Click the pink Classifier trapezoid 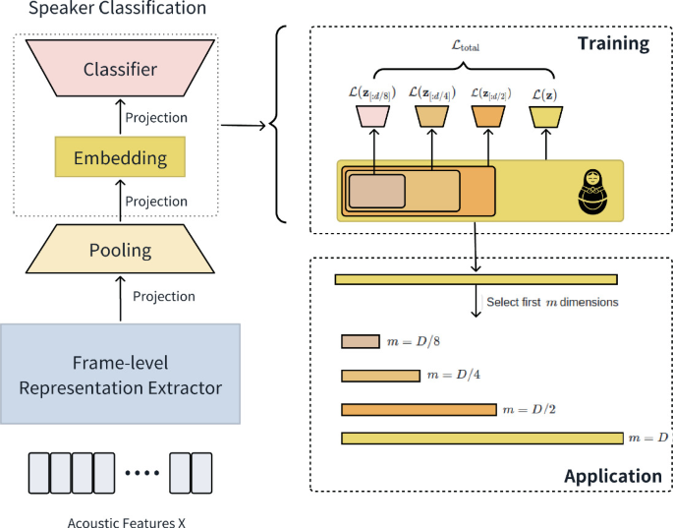(120, 70)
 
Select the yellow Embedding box (120, 157)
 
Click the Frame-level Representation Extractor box (120, 374)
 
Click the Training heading (613, 43)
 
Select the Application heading (613, 477)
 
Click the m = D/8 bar (360, 341)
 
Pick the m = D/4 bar (379, 376)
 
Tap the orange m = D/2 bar (419, 409)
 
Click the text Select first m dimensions (552, 302)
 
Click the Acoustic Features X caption (119, 520)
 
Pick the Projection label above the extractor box (163, 296)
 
